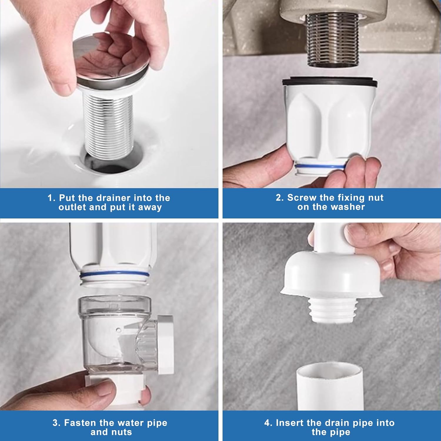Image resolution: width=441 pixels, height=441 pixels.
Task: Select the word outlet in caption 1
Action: pyautogui.click(x=72, y=207)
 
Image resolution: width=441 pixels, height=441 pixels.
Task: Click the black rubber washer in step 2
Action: pyautogui.click(x=330, y=82)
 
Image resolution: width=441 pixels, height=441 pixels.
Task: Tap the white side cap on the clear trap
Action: pyautogui.click(x=166, y=344)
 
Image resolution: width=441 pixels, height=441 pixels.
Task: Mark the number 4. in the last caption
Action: pyautogui.click(x=268, y=423)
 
